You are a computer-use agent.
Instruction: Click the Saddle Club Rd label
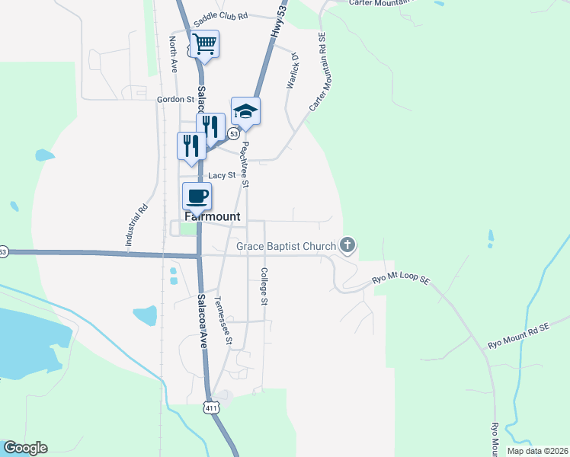(221, 15)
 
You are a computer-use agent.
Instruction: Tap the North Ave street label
(173, 56)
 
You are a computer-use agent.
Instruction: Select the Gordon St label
(175, 99)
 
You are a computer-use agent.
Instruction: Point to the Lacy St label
(223, 175)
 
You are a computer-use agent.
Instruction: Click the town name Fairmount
(212, 217)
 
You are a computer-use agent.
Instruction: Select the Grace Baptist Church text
(286, 246)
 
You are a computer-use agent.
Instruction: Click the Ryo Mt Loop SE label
(402, 280)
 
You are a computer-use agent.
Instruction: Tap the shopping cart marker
(204, 44)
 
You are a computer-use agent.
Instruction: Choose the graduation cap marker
(245, 112)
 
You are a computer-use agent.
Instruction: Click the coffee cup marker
(197, 197)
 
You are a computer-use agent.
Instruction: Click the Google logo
(25, 448)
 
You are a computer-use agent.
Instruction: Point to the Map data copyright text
(537, 451)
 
